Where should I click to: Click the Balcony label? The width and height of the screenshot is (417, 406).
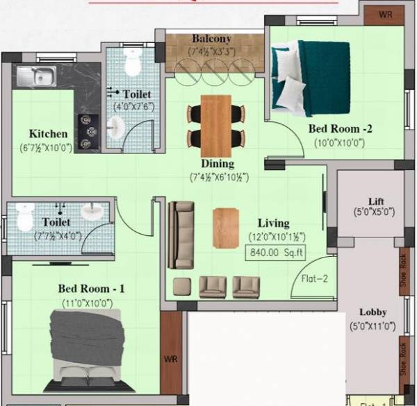point(212,39)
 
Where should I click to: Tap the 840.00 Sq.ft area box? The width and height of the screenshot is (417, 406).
point(276,253)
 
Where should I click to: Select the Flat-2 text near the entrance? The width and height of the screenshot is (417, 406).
point(313,279)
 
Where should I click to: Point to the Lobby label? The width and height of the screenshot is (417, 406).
point(373,312)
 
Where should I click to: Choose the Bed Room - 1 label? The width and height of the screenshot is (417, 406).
point(91,288)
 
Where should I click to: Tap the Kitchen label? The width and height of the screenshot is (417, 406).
point(48,134)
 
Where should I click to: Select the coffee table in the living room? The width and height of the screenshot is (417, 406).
point(227,228)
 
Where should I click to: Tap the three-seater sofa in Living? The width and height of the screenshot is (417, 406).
point(181,235)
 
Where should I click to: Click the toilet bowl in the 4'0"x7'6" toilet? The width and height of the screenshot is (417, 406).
point(132,64)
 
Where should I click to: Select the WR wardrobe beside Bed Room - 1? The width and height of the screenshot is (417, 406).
point(170,359)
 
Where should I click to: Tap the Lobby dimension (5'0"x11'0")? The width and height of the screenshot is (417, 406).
point(373,325)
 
